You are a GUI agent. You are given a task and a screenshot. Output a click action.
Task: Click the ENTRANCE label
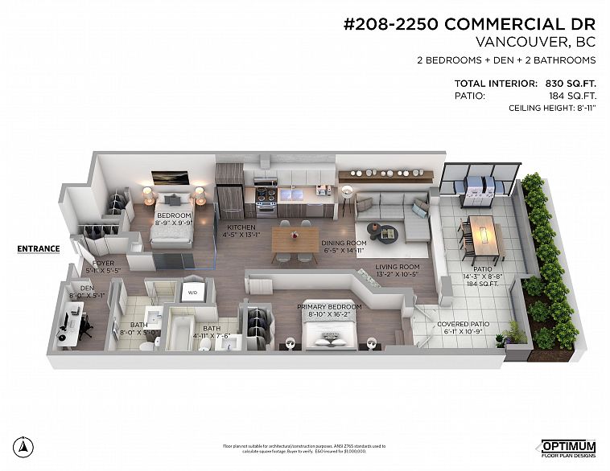click(39, 248)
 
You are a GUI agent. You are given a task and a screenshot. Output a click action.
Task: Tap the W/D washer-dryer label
click(193, 293)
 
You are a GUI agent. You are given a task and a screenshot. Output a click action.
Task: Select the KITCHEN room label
click(240, 228)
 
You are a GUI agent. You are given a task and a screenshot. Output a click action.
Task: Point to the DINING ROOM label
click(344, 243)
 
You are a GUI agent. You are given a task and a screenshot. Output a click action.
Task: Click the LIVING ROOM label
click(398, 267)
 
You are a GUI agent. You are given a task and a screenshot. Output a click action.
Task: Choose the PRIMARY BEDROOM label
click(329, 306)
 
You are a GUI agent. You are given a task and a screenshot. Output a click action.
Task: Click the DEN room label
click(87, 288)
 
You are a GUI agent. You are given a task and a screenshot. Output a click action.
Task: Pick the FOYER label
click(102, 263)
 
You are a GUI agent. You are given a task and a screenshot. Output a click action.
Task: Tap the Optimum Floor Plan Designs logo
click(567, 448)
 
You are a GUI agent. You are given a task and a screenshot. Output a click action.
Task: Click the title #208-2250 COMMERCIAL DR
click(469, 24)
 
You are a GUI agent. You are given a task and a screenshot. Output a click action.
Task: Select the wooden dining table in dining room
click(295, 239)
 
